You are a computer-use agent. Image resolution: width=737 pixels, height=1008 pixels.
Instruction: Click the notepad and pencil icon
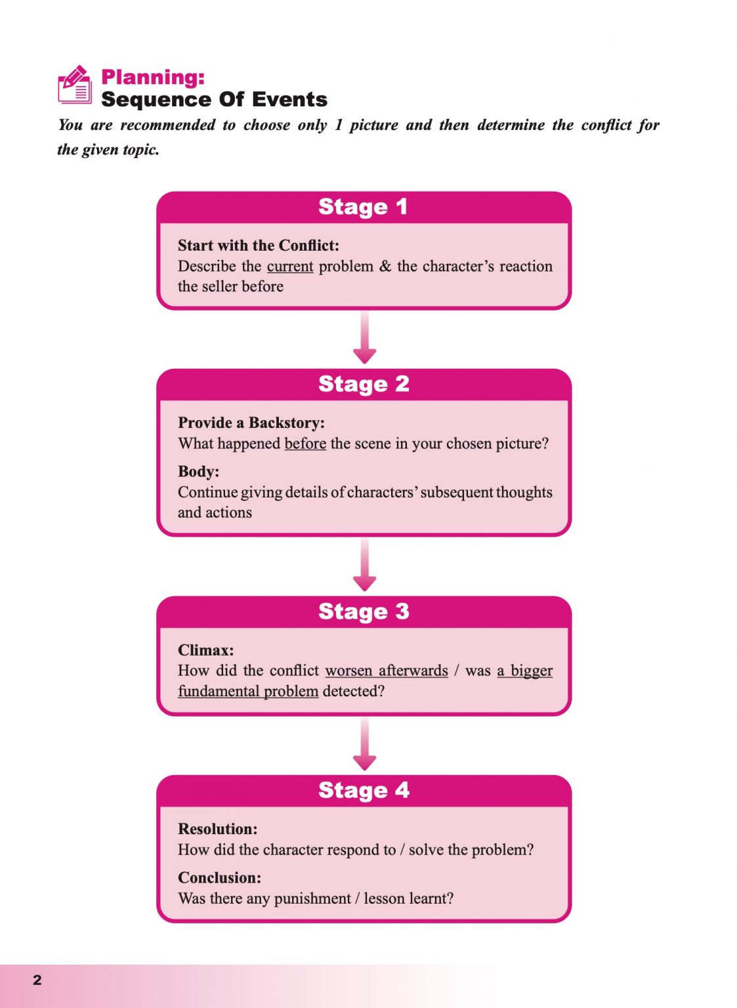coord(75,85)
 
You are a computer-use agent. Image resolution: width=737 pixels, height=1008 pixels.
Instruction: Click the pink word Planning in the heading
coord(153,77)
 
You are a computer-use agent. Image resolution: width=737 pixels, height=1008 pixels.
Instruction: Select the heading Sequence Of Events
coord(214,100)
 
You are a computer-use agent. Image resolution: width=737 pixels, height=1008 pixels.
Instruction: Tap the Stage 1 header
coord(364,207)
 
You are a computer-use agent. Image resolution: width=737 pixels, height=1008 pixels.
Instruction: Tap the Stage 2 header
coord(364,384)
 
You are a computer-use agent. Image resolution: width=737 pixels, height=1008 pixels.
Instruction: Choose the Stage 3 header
coord(364,612)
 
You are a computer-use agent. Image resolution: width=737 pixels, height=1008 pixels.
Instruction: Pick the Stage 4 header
coord(364,790)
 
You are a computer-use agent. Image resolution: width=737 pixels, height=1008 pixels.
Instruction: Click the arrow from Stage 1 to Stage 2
coord(364,338)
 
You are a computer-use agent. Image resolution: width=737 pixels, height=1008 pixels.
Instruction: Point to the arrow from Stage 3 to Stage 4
coord(364,744)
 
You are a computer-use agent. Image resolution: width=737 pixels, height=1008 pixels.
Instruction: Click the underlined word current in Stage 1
coord(290,266)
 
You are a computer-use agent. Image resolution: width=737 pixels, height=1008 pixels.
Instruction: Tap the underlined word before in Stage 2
coord(305,444)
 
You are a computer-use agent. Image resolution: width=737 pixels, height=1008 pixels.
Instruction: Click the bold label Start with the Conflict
coord(259,245)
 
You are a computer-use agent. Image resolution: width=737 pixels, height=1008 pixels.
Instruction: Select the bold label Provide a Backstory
coord(251,423)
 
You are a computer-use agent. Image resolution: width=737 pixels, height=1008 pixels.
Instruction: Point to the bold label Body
coord(198,471)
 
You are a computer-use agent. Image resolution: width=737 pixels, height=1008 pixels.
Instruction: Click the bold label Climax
coord(205,650)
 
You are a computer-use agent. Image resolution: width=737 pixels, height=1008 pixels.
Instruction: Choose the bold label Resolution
coord(217,829)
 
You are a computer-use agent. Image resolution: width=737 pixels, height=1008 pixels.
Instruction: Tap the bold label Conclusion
coord(219,877)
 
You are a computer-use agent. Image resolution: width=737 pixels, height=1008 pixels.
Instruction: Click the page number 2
coord(37,980)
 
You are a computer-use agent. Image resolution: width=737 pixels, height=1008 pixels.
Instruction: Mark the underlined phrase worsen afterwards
coord(387,671)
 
